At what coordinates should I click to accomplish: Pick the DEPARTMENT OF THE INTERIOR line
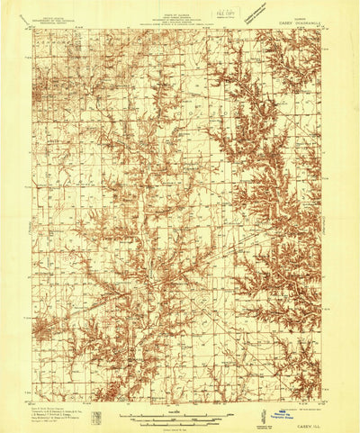click(55, 16)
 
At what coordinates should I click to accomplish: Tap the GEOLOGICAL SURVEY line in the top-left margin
click(55, 21)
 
